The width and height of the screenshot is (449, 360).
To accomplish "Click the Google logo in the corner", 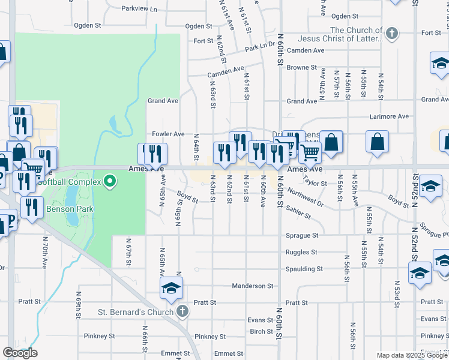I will pos(20,353).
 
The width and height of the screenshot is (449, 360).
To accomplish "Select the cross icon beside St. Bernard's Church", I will pos(183,311).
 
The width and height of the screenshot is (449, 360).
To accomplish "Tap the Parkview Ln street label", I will pos(139,9).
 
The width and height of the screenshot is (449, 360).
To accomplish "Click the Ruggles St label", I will pos(301,253).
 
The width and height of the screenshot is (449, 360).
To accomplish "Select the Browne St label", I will pos(301,68).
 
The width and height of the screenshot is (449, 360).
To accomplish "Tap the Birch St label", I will pos(261,332).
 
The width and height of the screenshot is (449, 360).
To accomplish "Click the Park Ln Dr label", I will pos(259,46).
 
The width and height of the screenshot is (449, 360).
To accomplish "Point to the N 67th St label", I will pos(128,252).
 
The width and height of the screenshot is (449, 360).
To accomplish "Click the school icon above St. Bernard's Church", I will pos(171,289).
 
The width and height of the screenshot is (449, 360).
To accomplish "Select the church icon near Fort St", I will pos(392,33).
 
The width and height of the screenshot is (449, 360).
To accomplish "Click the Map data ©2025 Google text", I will pos(412,355).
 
